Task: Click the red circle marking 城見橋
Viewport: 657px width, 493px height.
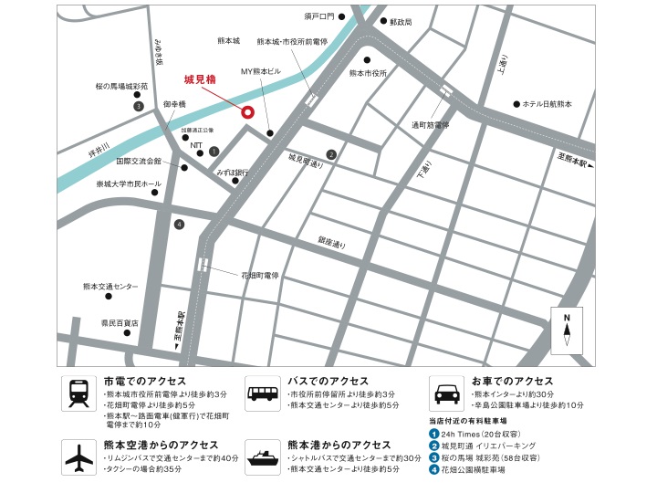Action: (x=246, y=113)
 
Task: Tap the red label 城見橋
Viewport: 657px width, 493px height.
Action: (x=200, y=79)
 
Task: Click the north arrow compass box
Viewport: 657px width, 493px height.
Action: (x=567, y=330)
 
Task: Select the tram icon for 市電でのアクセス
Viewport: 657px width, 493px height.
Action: (x=78, y=393)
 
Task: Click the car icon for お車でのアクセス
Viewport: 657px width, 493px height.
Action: (x=447, y=393)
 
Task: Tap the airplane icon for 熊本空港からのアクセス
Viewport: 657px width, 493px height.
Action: (x=78, y=456)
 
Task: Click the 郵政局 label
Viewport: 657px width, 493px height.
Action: (x=401, y=21)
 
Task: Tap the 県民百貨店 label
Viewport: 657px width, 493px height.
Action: (x=120, y=322)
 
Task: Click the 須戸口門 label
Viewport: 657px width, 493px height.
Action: (x=319, y=16)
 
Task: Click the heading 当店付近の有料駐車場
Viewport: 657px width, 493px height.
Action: (x=474, y=420)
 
